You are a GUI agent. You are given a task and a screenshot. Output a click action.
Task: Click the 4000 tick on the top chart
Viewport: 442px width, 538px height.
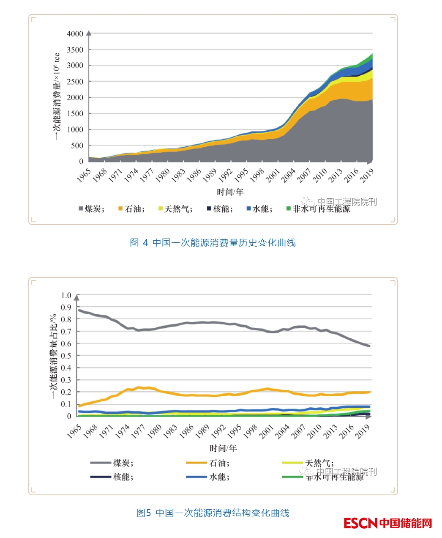pyautogui.click(x=75, y=34)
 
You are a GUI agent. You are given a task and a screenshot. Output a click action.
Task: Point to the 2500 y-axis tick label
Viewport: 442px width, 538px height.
pyautogui.click(x=75, y=82)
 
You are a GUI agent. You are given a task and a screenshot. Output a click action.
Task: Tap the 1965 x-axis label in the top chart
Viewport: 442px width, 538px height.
pyautogui.click(x=84, y=176)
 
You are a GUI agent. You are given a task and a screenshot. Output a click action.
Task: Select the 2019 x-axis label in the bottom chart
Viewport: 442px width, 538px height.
pyautogui.click(x=363, y=431)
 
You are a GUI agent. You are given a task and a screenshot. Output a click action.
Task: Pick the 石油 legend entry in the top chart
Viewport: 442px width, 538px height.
pyautogui.click(x=132, y=209)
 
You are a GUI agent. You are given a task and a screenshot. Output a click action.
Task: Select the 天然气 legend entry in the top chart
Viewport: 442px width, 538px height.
pyautogui.click(x=175, y=209)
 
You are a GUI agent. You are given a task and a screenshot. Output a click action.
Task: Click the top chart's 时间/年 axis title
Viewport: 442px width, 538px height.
pyautogui.click(x=230, y=192)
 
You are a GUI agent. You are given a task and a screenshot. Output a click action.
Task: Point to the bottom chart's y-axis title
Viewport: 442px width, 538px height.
pyautogui.click(x=54, y=356)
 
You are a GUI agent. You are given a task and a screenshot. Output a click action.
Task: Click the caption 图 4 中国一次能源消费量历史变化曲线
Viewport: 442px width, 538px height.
pyautogui.click(x=213, y=242)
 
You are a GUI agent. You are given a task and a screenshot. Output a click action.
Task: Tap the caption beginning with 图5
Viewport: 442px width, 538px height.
pyautogui.click(x=213, y=513)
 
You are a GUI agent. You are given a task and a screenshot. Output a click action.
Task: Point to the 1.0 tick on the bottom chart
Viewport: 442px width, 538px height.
pyautogui.click(x=66, y=296)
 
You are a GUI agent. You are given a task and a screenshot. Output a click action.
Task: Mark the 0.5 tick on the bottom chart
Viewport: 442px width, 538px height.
pyautogui.click(x=66, y=356)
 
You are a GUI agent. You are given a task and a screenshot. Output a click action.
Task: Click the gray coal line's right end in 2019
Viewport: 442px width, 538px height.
pyautogui.click(x=369, y=346)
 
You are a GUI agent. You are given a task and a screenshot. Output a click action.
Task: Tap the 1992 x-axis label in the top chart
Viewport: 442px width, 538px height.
pyautogui.click(x=226, y=176)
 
